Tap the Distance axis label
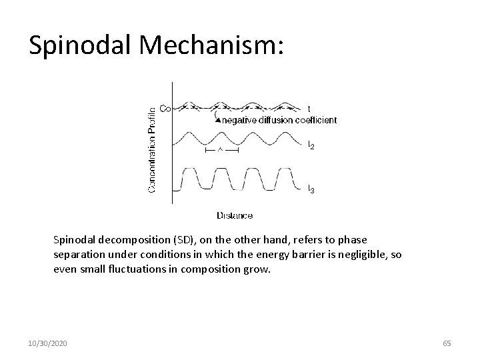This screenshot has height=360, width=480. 235,215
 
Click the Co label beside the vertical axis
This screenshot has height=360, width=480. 164,108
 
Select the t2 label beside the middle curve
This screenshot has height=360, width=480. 311,145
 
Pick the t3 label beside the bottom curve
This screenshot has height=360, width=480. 311,190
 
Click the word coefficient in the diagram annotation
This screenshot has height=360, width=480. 314,121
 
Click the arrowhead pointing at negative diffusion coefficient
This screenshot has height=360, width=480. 217,119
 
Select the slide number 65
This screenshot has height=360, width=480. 447,343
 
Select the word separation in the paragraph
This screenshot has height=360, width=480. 79,255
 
